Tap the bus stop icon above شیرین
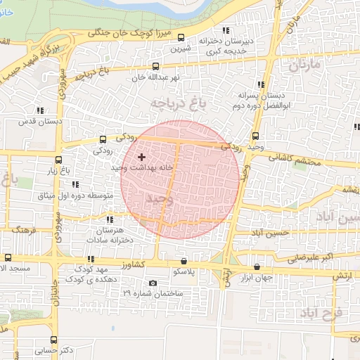coord(182,38)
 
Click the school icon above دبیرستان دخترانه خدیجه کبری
coord(226,30)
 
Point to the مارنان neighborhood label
coord(304,65)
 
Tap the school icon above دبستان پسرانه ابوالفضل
coord(262,83)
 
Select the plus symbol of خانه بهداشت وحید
coord(141,157)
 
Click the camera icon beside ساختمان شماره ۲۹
coord(153,283)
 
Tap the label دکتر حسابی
coord(58,349)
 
